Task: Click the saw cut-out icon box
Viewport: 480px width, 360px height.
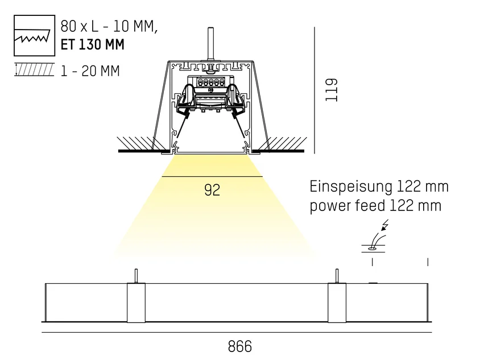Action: [x=34, y=35]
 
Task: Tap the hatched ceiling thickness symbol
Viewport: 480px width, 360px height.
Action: [x=34, y=70]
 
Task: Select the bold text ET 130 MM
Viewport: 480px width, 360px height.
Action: [x=93, y=45]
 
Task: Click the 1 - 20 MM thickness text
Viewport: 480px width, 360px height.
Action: [x=90, y=71]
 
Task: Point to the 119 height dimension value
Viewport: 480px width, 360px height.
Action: [x=331, y=90]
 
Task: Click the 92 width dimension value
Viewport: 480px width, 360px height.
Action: [x=212, y=190]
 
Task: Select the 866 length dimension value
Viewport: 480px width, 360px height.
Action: [x=239, y=346]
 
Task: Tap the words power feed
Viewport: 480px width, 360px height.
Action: [x=347, y=205]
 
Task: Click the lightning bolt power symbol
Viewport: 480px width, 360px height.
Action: [x=385, y=225]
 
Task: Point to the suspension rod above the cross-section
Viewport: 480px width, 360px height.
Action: [x=210, y=44]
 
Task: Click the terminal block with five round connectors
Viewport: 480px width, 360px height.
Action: [x=210, y=82]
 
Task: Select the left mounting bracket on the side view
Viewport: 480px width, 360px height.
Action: [x=136, y=303]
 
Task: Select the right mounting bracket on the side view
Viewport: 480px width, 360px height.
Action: [x=337, y=303]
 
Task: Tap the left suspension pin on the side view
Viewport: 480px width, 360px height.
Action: [x=136, y=276]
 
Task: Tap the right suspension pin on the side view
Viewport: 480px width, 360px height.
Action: [x=337, y=276]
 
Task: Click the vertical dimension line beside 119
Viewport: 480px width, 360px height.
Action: [x=315, y=90]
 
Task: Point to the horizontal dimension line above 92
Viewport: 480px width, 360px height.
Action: [x=212, y=177]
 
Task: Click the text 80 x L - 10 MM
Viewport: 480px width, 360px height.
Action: [x=109, y=27]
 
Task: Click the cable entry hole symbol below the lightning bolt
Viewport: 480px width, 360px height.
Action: [x=373, y=249]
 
